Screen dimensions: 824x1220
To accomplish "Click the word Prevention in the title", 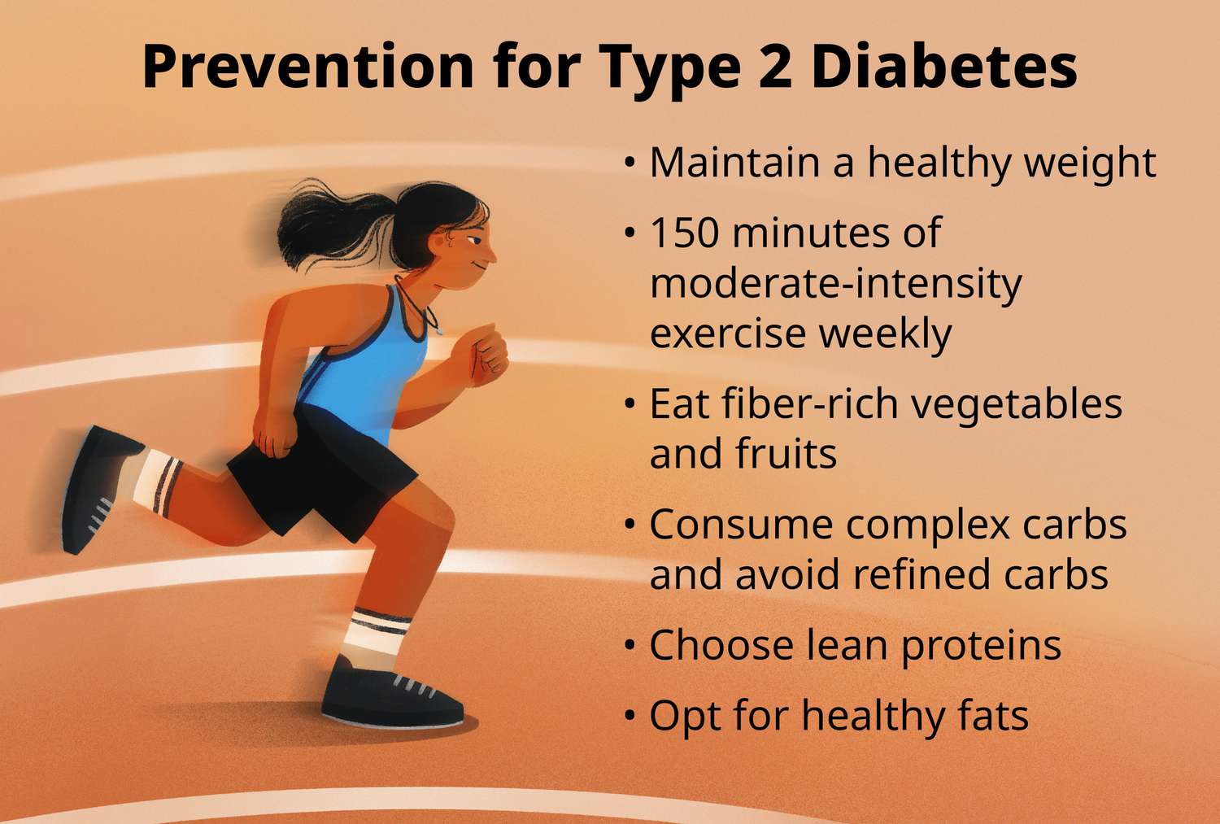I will click(x=307, y=67).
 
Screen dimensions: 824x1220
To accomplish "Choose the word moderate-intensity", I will click(x=835, y=284).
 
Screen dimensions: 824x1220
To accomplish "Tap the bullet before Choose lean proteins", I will click(x=630, y=646).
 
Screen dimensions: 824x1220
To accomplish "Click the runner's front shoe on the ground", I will click(x=390, y=696).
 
